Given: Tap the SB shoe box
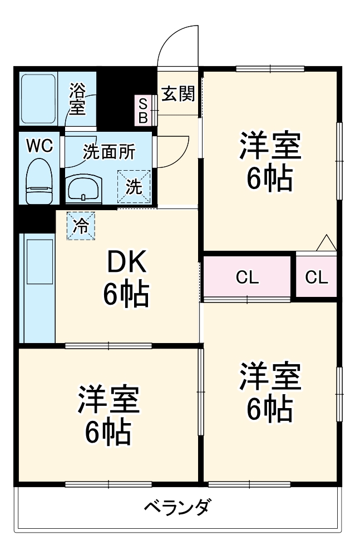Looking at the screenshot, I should tap(143, 110).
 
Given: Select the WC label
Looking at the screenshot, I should tap(40, 146).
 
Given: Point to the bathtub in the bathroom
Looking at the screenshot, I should tap(38, 99).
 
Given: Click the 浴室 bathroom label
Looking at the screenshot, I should tap(78, 99).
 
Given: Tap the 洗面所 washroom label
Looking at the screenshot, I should tap(109, 152).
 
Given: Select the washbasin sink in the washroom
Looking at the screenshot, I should tap(84, 188).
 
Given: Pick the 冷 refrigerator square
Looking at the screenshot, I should tap(81, 226).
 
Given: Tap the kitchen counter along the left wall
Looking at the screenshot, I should tap(37, 289).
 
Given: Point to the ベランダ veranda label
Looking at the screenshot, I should tap(177, 508).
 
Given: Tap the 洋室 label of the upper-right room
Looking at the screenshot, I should tap(270, 146).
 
